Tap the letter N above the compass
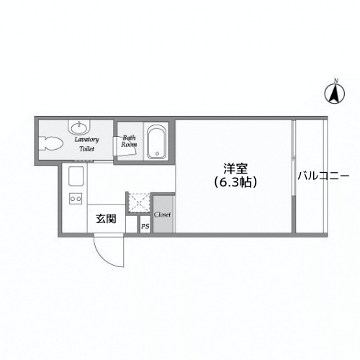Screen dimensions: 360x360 click(335, 79)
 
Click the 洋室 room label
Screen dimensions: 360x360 click(235, 169)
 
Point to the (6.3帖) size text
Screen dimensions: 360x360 click(235, 182)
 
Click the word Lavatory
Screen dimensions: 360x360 click(86, 139)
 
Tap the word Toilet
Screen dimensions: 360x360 click(86, 148)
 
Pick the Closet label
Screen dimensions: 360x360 click(162, 214)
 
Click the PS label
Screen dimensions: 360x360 click(145, 227)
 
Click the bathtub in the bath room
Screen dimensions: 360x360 click(156, 142)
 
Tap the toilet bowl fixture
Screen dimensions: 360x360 click(52, 143)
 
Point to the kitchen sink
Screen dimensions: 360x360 click(76, 175)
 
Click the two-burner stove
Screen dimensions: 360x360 click(75, 198)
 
